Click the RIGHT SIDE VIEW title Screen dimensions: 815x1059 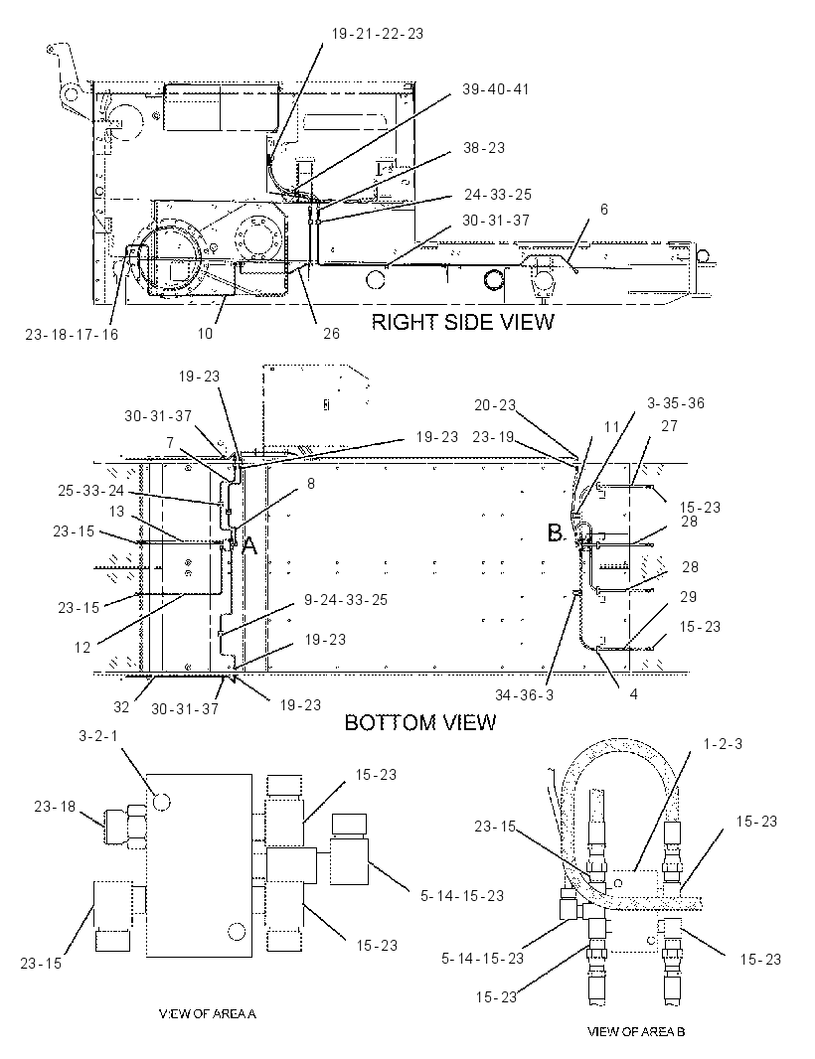[462, 322]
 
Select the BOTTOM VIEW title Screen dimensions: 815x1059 [420, 722]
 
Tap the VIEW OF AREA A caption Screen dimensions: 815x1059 [208, 1013]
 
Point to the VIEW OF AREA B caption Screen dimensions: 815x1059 [636, 1031]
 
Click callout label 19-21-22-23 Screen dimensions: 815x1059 [377, 34]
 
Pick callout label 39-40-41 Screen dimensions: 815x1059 [495, 89]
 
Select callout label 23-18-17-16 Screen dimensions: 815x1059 [72, 335]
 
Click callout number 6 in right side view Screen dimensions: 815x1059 [604, 210]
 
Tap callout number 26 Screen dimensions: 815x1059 [331, 334]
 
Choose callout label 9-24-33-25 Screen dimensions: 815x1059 [346, 600]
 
